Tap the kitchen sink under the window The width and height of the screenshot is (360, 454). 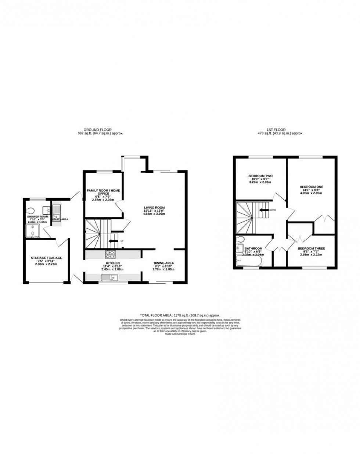pos(112,278)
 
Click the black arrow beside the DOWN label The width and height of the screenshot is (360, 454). pos(263,210)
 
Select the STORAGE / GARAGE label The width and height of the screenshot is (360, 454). pos(46,258)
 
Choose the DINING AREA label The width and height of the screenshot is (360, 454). pos(163,263)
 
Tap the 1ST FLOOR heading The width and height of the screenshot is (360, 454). pos(280,130)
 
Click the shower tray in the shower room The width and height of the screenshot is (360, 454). pos(32,231)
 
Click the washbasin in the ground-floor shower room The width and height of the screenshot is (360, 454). pos(46,210)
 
